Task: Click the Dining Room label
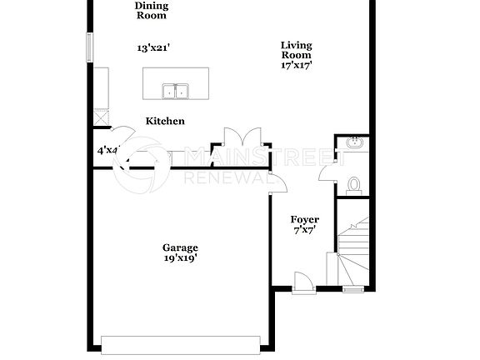151,10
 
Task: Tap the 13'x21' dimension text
151,48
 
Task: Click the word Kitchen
165,121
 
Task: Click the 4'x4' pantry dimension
107,151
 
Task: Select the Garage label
180,247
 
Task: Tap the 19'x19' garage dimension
180,258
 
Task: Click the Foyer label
304,220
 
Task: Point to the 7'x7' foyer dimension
304,231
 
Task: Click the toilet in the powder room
352,184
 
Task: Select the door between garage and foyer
277,178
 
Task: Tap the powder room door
327,172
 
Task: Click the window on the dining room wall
89,47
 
